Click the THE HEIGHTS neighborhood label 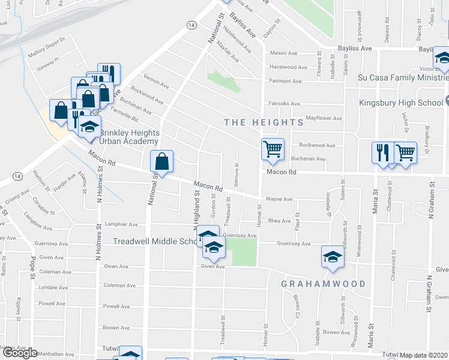[x=264, y=122]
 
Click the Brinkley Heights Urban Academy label [x=129, y=137]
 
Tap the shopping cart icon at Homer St [x=273, y=149]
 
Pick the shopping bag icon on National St [x=161, y=161]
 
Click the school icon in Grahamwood [x=333, y=257]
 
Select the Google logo [x=19, y=353]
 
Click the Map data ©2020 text [x=424, y=355]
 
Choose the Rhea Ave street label [x=279, y=221]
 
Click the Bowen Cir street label [x=296, y=306]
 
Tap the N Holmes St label [x=99, y=240]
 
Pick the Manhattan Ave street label [x=58, y=354]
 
